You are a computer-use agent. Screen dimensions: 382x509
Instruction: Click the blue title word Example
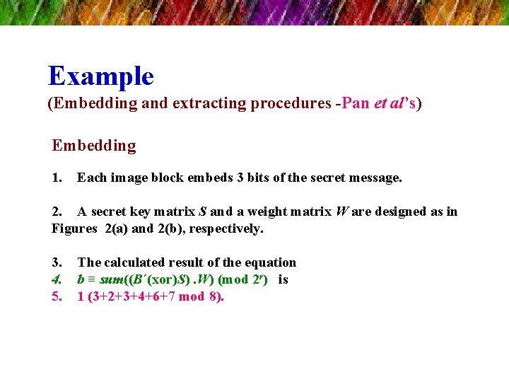coord(100,76)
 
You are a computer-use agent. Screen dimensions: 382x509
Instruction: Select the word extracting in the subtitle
coord(205,104)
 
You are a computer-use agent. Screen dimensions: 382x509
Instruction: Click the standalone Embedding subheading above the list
coord(93,146)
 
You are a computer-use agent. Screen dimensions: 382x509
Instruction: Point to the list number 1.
coord(57,178)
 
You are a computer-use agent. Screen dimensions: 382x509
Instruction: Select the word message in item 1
coord(376,178)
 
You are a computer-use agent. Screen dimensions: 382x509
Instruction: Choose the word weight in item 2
coord(257,212)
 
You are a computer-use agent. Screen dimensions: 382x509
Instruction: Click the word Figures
coord(74,228)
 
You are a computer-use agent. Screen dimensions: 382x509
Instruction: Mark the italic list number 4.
coord(57,279)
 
